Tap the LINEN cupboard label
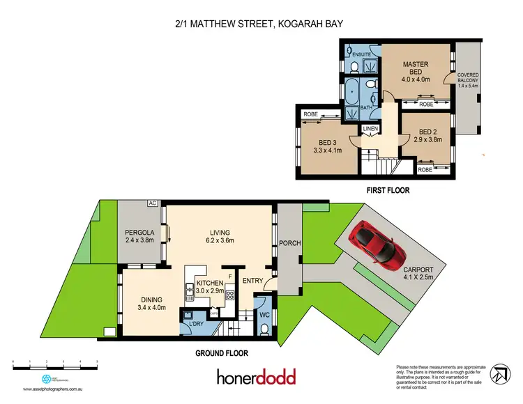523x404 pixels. [369, 130]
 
